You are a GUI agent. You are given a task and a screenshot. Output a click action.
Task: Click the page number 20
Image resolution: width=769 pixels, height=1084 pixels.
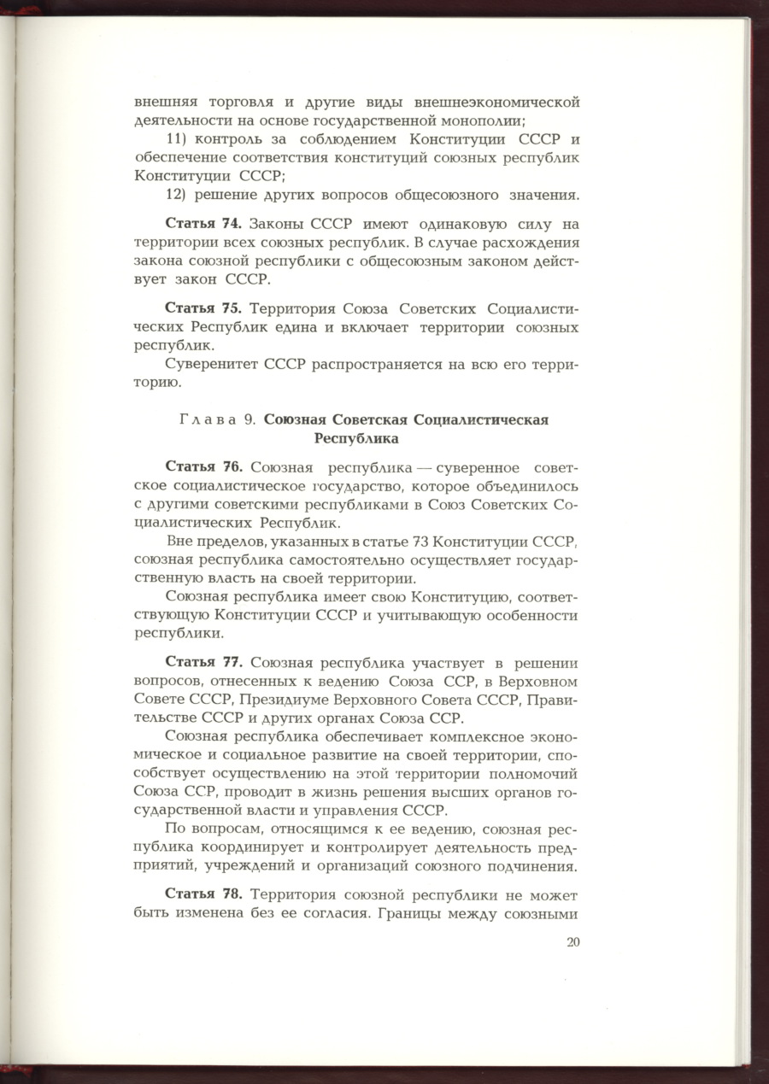pos(572,943)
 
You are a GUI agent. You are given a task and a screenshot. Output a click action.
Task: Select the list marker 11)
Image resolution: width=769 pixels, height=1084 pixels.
pos(176,139)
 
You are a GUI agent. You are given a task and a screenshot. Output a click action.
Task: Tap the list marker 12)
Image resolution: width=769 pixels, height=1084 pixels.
pos(176,195)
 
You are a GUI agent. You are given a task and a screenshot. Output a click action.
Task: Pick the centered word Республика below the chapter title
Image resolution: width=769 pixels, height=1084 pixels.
pos(357,439)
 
